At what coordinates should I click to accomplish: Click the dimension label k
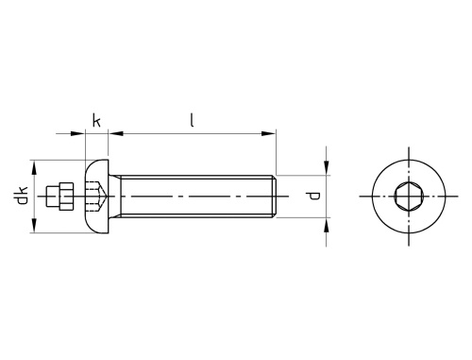pos(96,121)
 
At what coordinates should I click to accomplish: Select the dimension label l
pos(192,120)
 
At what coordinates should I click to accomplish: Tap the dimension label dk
pos(23,196)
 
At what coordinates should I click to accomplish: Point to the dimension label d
pos(313,197)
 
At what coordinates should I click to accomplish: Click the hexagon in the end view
pos(409,197)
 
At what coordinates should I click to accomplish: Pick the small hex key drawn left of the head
pos(59,197)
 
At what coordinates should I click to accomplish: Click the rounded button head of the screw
pos(96,197)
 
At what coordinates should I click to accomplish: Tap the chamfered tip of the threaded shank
pos(275,197)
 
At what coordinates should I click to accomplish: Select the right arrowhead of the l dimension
pos(268,134)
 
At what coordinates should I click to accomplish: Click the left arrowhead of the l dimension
pos(116,134)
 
